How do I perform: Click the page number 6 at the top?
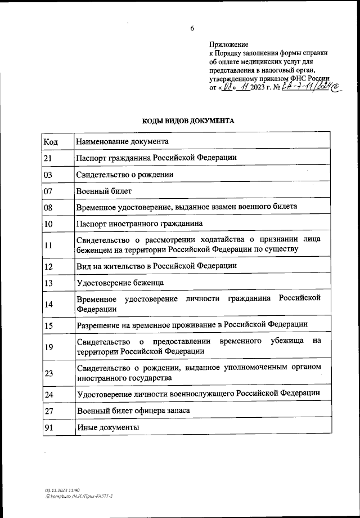192,28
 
